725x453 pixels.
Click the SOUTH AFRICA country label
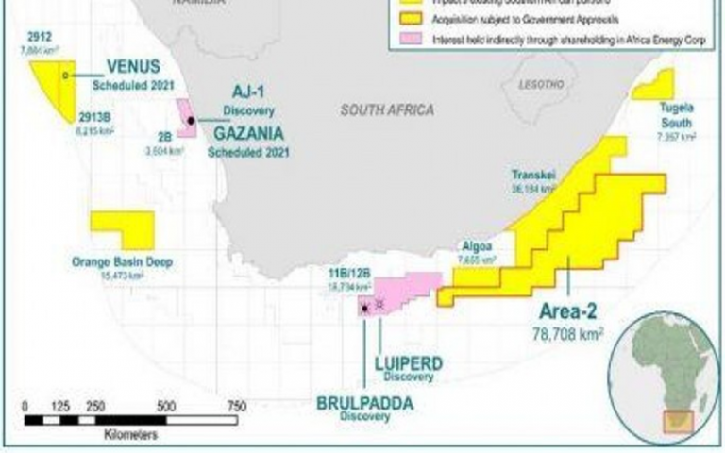point(387,110)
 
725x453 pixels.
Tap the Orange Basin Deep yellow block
point(122,230)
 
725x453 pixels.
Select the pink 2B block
point(187,119)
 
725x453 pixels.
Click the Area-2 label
point(568,310)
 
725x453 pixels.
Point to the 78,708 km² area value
point(567,332)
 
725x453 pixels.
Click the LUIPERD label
point(409,362)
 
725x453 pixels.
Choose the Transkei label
point(531,176)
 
